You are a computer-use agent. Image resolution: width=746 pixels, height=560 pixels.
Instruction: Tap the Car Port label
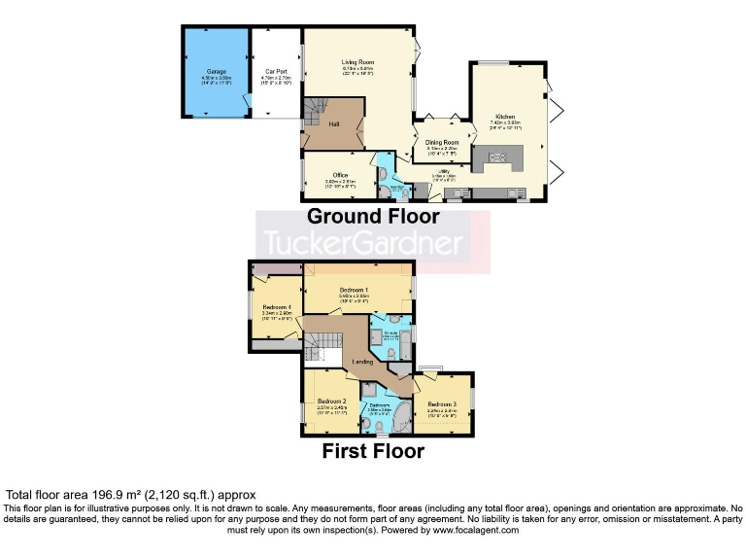(x=276, y=72)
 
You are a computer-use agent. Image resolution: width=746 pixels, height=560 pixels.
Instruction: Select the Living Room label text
(x=358, y=61)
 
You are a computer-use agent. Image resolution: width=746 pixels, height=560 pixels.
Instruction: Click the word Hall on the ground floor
(x=333, y=125)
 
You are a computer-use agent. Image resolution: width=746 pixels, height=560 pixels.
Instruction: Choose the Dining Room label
(x=441, y=142)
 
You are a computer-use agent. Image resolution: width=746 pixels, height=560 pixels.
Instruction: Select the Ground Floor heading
(x=373, y=216)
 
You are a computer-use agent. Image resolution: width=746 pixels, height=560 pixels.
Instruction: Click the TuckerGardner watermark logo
(x=373, y=241)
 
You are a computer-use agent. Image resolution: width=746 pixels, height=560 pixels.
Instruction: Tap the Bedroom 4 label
(x=278, y=308)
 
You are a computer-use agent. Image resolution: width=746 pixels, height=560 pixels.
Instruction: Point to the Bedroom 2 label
(x=331, y=402)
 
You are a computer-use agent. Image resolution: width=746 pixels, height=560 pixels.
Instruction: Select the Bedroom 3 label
(x=441, y=404)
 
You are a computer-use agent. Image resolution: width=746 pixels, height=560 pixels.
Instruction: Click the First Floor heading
(x=373, y=451)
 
